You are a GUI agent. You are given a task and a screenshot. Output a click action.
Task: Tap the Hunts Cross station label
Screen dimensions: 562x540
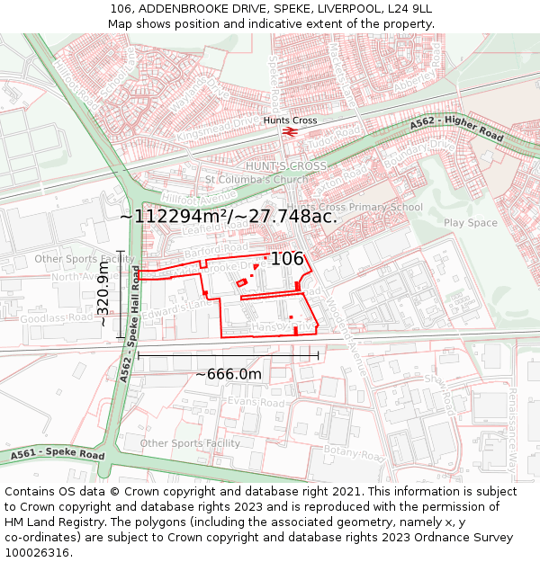(x=290, y=120)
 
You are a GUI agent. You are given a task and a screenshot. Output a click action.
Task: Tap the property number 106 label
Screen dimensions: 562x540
(x=287, y=259)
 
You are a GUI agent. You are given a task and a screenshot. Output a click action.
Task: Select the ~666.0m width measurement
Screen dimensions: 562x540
(x=229, y=374)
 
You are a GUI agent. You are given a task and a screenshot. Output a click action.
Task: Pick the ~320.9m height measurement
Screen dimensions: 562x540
(x=103, y=294)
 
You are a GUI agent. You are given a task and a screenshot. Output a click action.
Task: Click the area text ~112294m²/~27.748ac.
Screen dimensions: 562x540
(x=229, y=216)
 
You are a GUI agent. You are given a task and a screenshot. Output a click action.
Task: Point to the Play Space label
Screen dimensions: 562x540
(x=470, y=223)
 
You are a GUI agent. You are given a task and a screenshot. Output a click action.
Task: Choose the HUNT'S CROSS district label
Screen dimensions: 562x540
(x=286, y=166)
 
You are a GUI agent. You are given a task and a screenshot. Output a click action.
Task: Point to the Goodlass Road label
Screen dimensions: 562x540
(x=56, y=318)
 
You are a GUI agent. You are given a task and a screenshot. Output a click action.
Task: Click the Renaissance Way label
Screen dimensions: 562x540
(x=511, y=422)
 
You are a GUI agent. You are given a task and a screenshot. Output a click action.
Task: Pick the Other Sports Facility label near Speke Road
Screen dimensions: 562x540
(x=190, y=443)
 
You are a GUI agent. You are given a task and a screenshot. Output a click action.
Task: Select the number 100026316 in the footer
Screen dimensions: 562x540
(x=36, y=552)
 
